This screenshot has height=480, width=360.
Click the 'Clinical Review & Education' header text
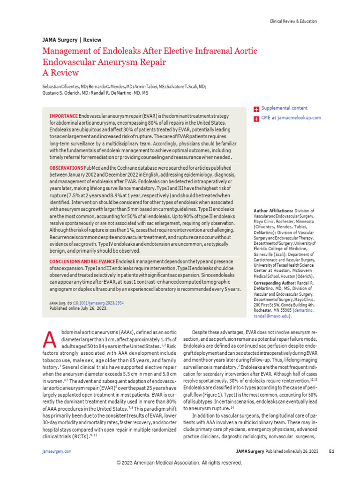click(293, 22)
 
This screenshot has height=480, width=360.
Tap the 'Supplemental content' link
click(284, 108)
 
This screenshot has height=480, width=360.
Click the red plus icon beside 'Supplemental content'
click(256, 109)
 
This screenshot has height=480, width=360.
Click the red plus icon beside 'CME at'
click(256, 119)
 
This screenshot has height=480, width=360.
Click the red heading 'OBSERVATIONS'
click(66, 168)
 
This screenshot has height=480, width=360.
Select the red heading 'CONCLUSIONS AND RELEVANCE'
click(82, 261)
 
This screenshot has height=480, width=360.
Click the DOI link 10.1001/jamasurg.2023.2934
click(99, 303)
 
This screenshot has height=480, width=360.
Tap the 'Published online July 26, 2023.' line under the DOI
click(78, 309)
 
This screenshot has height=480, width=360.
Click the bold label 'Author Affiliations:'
click(274, 211)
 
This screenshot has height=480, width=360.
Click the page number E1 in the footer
click(331, 451)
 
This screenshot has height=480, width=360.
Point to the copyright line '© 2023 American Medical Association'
click(180, 463)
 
